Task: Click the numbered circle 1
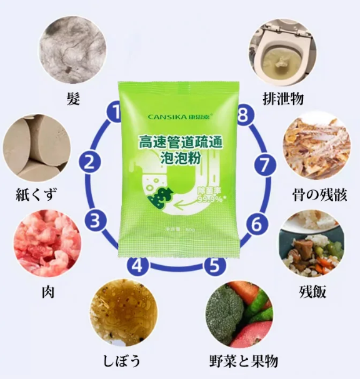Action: [x=115, y=113]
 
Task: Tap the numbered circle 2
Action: [x=89, y=163]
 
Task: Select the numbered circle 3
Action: [x=95, y=220]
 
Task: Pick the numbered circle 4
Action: [x=138, y=265]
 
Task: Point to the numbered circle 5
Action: [x=214, y=265]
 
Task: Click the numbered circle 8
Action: [x=244, y=114]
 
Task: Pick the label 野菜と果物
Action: [x=246, y=361]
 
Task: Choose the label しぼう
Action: [x=122, y=361]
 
